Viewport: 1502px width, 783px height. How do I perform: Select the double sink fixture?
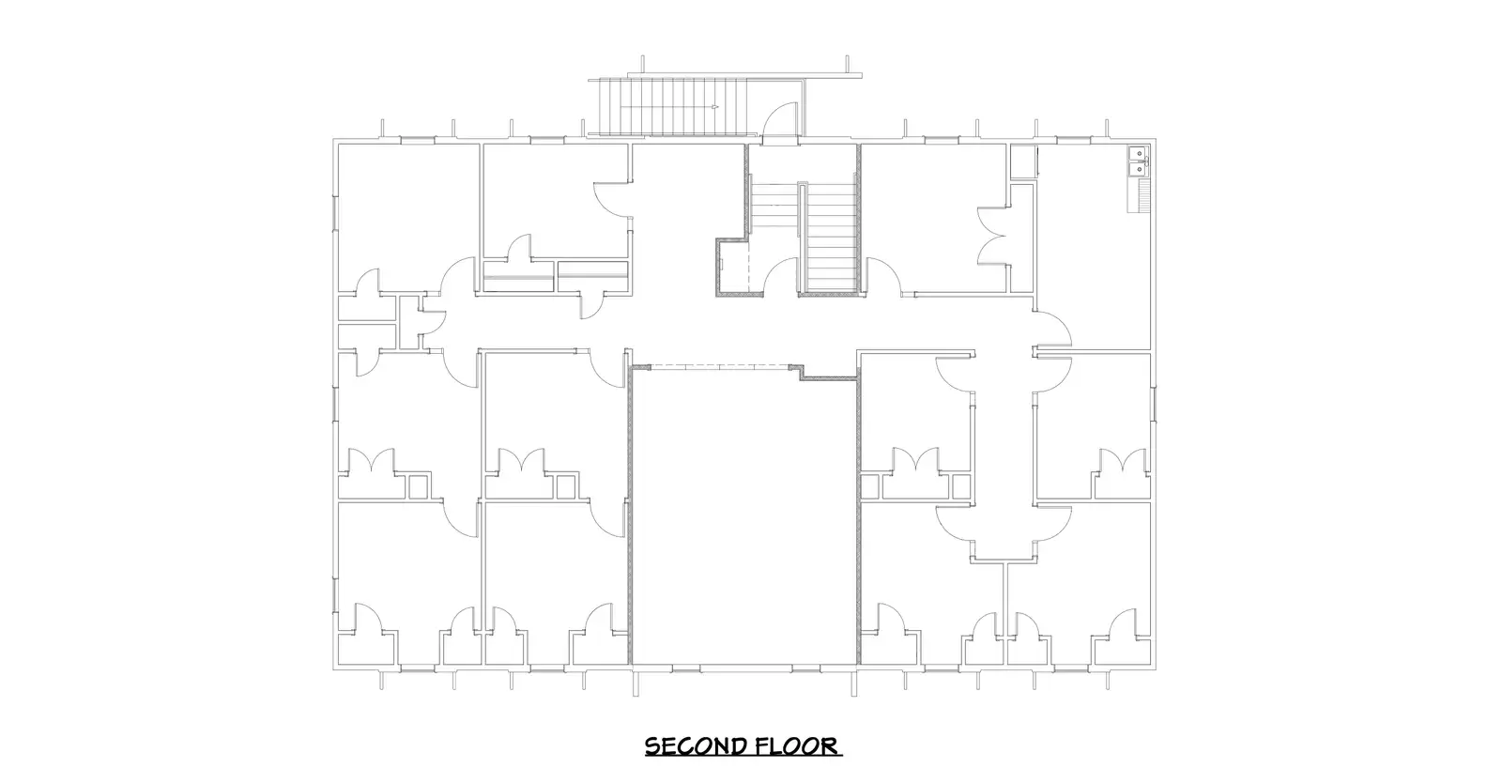[1137, 162]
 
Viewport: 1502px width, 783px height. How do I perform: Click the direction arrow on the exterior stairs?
[714, 107]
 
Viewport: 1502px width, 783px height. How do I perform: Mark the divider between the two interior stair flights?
[802, 239]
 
